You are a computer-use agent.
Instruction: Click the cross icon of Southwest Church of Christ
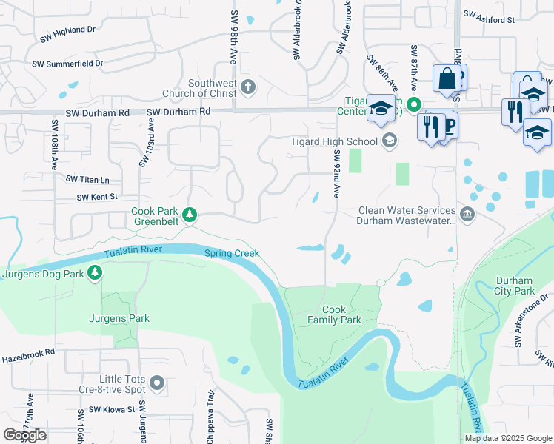pyautogui.click(x=247, y=88)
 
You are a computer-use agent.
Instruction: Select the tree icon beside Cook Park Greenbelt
pyautogui.click(x=190, y=215)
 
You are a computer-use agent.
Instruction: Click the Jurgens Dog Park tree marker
pyautogui.click(x=95, y=273)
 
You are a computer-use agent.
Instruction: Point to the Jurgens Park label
pyautogui.click(x=119, y=319)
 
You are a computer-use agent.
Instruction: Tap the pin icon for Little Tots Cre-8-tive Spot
pyautogui.click(x=156, y=383)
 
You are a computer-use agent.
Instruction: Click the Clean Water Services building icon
pyautogui.click(x=467, y=215)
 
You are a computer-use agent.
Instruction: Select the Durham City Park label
pyautogui.click(x=513, y=286)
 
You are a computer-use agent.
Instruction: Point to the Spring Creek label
pyautogui.click(x=232, y=253)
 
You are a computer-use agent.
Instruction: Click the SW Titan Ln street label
pyautogui.click(x=87, y=180)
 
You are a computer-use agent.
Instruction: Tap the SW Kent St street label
pyautogui.click(x=98, y=197)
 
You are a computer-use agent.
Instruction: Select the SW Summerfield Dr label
pyautogui.click(x=67, y=64)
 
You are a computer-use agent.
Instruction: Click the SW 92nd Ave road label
pyautogui.click(x=336, y=174)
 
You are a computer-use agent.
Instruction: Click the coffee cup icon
pyautogui.click(x=447, y=125)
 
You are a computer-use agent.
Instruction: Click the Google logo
pyautogui.click(x=24, y=435)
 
